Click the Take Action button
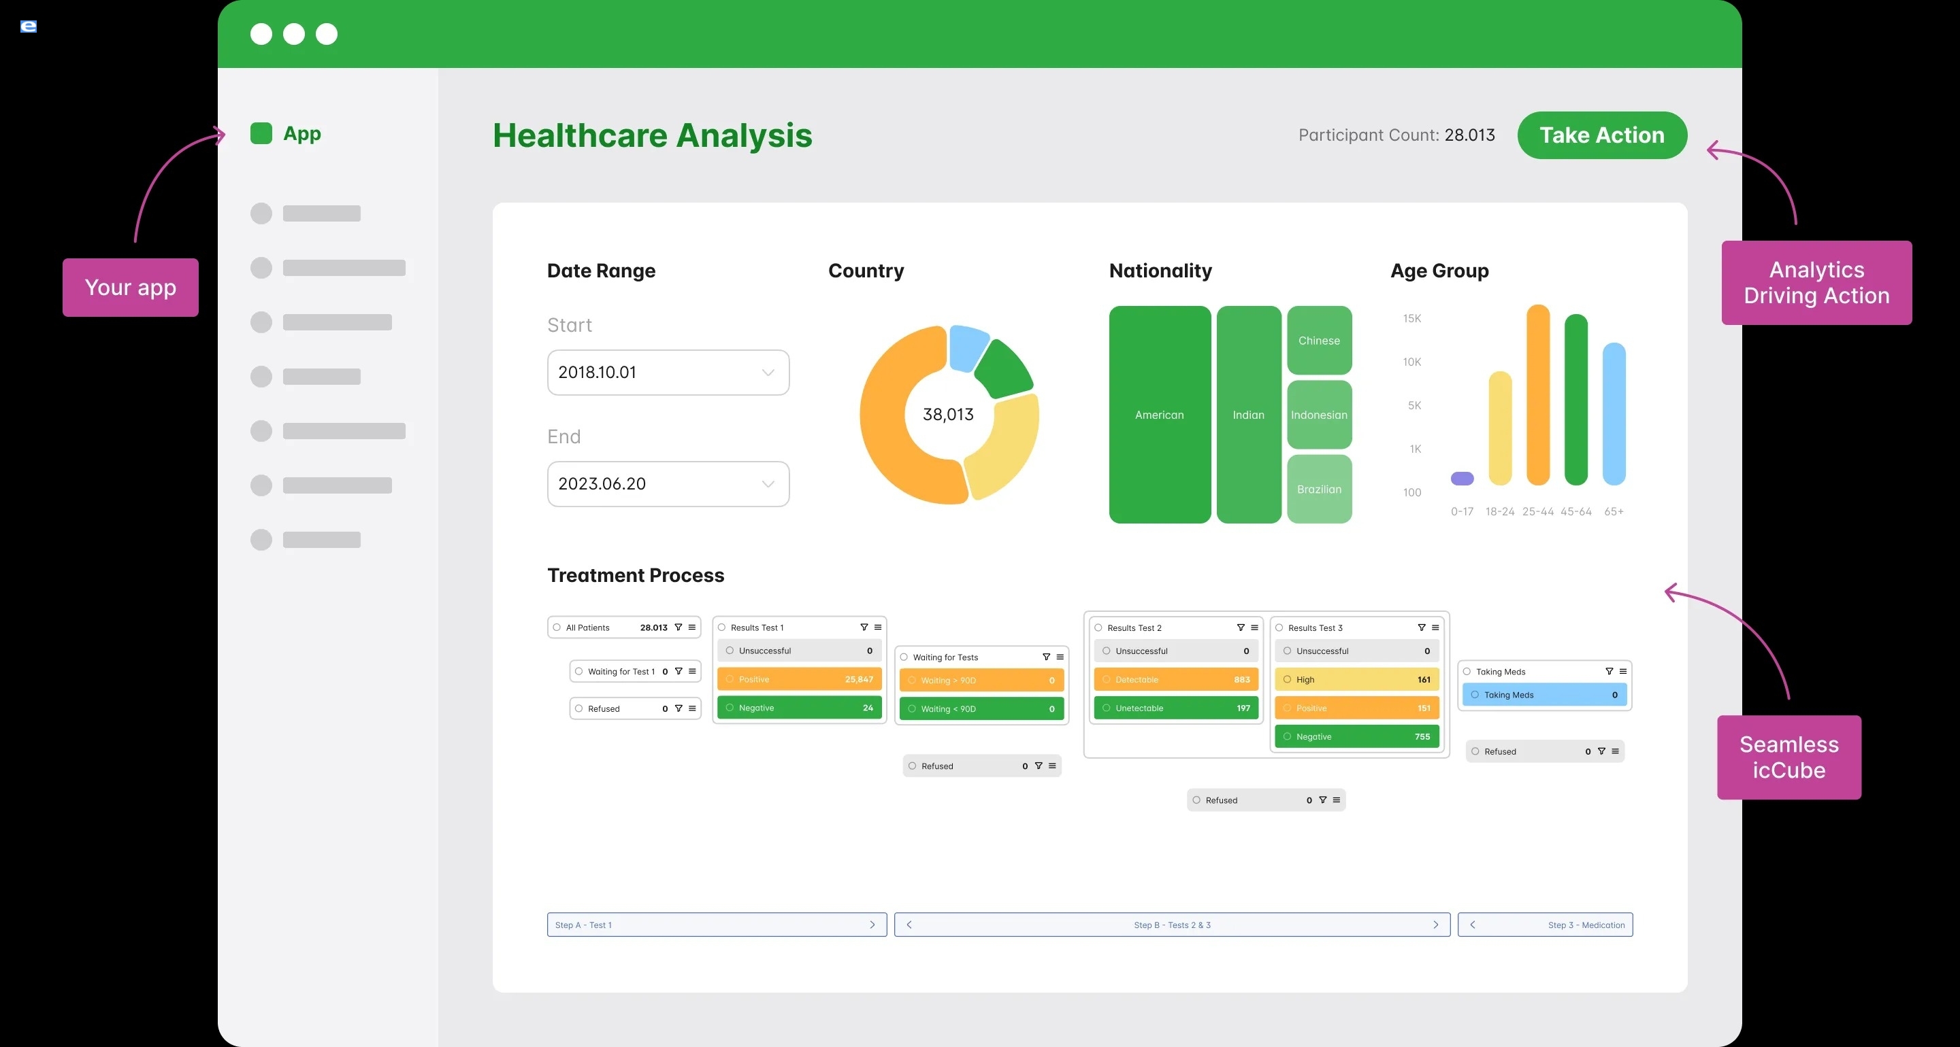coord(1601,135)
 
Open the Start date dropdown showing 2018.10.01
coord(668,373)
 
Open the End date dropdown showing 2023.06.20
coord(668,484)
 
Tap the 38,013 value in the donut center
coord(948,415)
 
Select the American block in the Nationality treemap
coord(1160,415)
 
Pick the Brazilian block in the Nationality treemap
coord(1320,490)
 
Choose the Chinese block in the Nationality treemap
coord(1320,341)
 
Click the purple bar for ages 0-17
coord(1462,478)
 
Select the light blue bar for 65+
coord(1614,415)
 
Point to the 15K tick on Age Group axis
coord(1412,319)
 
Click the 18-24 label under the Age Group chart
coord(1500,512)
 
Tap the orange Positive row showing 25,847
coord(799,680)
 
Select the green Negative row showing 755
coord(1356,737)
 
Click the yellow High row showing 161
coord(1356,680)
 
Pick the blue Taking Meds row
coord(1543,695)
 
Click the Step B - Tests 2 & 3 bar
coord(1172,925)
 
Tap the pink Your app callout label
coord(130,288)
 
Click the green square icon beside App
coord(261,134)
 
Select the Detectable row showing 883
coord(1175,680)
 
